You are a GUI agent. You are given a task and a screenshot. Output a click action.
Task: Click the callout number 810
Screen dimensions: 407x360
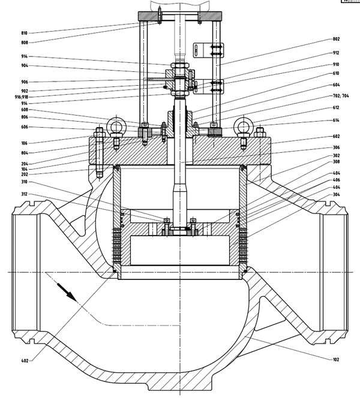(x=24, y=33)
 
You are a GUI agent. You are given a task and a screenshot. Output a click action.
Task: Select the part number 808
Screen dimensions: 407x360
(x=24, y=43)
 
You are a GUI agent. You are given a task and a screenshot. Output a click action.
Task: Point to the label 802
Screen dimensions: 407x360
(x=336, y=39)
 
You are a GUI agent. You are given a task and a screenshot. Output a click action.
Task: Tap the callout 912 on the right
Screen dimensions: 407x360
(x=336, y=53)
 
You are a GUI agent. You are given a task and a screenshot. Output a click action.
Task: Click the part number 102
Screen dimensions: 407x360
(x=336, y=360)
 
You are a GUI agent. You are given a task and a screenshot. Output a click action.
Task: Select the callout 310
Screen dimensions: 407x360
(x=24, y=182)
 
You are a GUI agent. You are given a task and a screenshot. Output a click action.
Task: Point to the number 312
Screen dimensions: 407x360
(x=24, y=194)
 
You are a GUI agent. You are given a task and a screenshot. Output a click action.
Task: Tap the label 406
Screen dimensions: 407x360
(x=336, y=180)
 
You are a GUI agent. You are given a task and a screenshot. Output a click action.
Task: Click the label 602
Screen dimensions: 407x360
(x=336, y=136)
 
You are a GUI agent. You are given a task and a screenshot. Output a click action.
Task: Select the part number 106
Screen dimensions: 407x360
(x=24, y=143)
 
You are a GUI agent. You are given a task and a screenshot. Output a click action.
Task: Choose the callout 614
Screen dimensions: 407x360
(x=336, y=120)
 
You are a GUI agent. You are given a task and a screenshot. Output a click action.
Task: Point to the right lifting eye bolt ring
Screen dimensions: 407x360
(x=243, y=125)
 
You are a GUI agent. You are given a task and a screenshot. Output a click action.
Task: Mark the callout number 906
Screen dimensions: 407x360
(x=24, y=82)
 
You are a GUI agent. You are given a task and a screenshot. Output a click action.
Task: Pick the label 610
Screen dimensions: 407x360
(x=336, y=74)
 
